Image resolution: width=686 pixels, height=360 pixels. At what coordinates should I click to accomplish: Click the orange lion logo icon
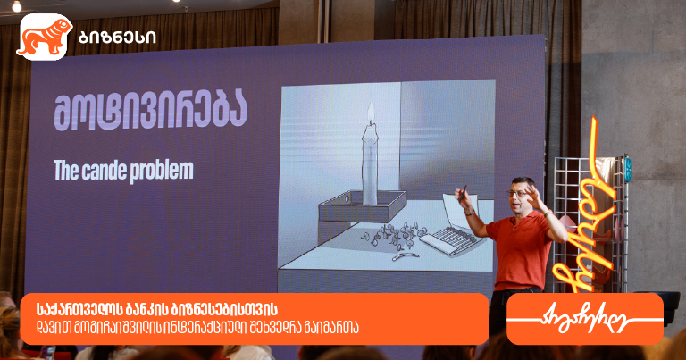point(44,37)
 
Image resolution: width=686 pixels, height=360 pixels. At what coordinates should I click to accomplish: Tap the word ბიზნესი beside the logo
point(117,38)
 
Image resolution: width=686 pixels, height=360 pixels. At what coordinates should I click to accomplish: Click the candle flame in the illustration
point(371,111)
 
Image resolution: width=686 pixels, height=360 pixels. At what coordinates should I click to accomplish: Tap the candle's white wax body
point(370,164)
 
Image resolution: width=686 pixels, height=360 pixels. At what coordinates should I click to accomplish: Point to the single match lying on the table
point(406,256)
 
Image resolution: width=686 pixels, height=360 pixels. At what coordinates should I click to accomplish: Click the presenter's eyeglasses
point(518,193)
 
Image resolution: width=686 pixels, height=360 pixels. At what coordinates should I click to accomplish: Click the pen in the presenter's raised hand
point(463,193)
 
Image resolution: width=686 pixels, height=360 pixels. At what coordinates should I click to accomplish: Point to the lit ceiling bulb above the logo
point(17,5)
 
